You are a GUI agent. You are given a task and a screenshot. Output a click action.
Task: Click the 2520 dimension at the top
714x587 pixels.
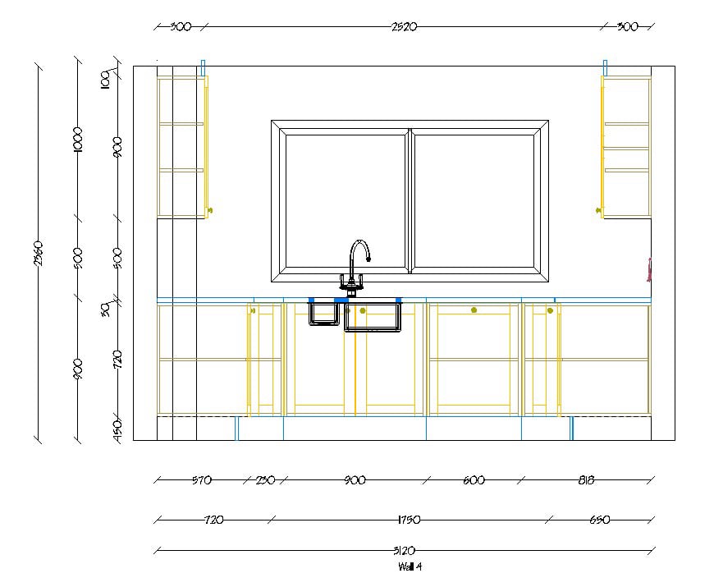(405, 26)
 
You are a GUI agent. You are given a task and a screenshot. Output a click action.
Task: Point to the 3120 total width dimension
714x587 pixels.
(405, 550)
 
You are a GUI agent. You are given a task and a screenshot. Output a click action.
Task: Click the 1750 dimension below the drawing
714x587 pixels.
(408, 520)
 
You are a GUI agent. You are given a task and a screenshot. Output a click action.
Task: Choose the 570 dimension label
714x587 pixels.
(201, 480)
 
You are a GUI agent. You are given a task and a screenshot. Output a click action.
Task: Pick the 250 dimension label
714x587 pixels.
(264, 480)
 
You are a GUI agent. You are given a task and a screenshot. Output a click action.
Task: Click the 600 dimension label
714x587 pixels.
(474, 480)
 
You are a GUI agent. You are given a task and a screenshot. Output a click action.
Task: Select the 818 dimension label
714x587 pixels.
(584, 480)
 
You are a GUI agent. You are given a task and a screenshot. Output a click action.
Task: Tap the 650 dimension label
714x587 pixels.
(599, 520)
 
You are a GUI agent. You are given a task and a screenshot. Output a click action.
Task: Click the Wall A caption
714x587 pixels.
(410, 566)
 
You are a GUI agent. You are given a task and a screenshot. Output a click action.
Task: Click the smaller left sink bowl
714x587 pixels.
(323, 314)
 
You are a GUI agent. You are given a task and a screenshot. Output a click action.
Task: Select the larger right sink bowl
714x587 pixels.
(373, 317)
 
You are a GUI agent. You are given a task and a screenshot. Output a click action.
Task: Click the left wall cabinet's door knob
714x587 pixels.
(210, 211)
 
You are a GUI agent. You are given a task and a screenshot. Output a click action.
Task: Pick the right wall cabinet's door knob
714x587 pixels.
(599, 211)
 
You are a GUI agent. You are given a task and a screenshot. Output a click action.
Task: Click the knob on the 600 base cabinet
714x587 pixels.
(474, 310)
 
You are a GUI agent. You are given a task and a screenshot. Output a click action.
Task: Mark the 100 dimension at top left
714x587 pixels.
(105, 80)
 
